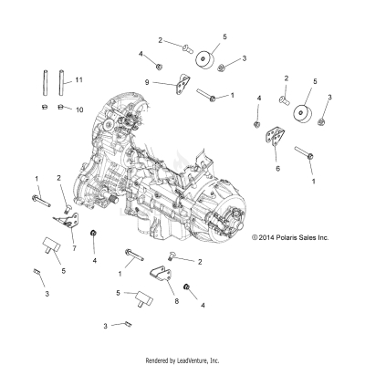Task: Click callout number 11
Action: tap(79, 81)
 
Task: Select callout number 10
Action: tap(78, 109)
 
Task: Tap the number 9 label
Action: tap(147, 83)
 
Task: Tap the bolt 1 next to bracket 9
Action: tap(216, 95)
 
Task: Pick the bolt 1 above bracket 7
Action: tap(42, 197)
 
